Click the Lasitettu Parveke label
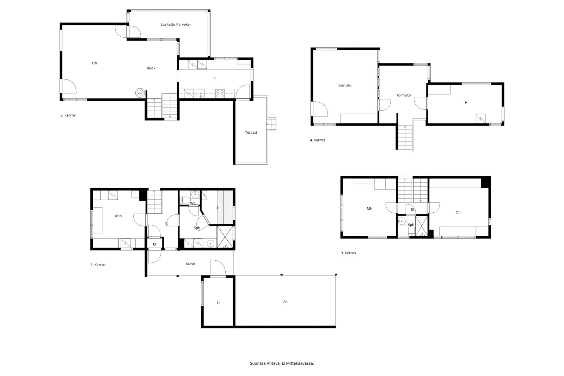(x=175, y=24)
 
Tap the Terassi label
(x=251, y=133)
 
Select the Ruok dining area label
(x=151, y=68)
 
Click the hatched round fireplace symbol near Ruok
(x=140, y=92)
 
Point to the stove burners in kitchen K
(x=220, y=93)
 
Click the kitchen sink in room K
(x=201, y=94)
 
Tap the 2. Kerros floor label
(x=68, y=115)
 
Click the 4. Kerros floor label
(x=317, y=140)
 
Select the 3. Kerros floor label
(x=348, y=253)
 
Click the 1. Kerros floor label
(x=98, y=265)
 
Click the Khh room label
(x=118, y=216)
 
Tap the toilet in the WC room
(x=184, y=200)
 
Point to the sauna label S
(x=217, y=207)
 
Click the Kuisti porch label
(x=190, y=264)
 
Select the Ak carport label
(x=285, y=302)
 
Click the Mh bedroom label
(x=369, y=209)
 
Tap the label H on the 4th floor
(x=466, y=103)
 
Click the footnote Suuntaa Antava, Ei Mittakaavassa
(x=282, y=363)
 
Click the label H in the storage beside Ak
(x=218, y=303)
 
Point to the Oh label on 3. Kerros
(x=458, y=212)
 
